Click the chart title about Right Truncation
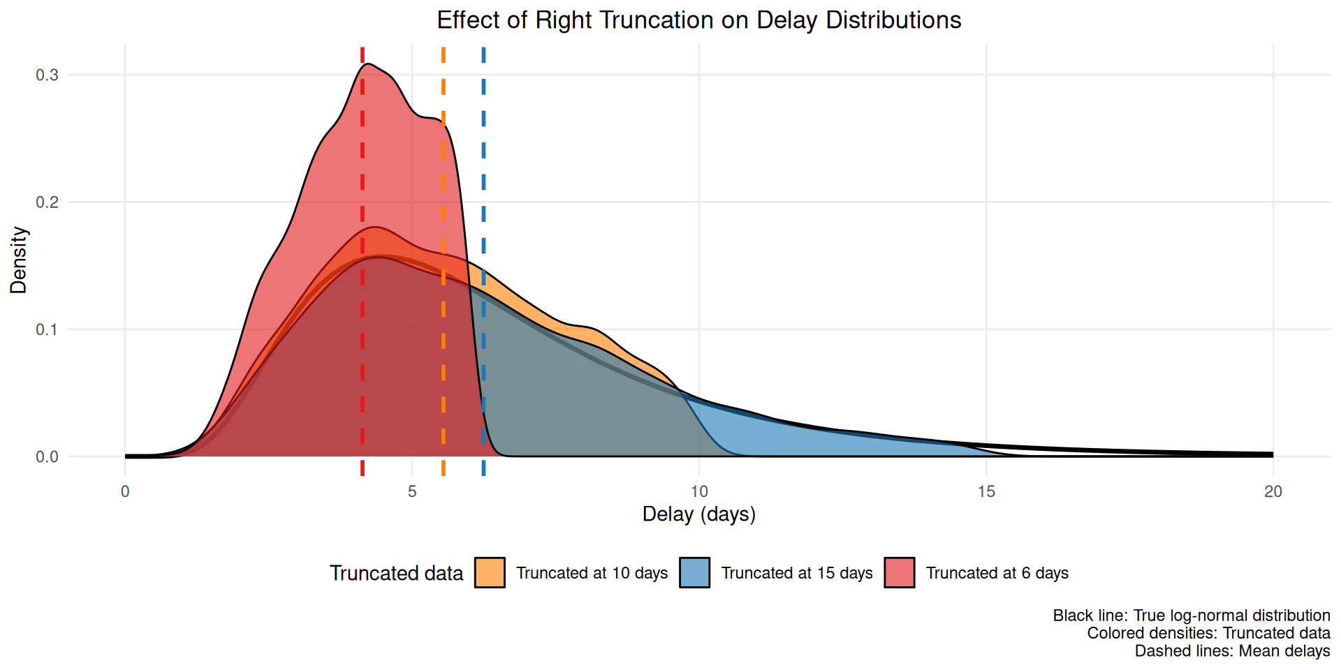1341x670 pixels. tap(698, 20)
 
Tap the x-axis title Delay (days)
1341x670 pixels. tap(698, 514)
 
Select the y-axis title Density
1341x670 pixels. tap(19, 260)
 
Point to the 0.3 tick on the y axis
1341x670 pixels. tap(47, 75)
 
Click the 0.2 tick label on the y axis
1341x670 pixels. tap(47, 202)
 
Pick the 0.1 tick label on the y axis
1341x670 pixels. tap(47, 329)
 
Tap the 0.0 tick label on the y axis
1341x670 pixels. tap(47, 457)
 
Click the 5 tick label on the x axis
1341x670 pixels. tap(412, 491)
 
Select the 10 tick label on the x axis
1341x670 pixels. tap(699, 491)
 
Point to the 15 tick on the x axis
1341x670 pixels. tap(986, 491)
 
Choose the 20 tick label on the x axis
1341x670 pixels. tap(1273, 491)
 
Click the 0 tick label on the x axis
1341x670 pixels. tap(125, 491)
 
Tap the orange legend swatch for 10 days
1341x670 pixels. tap(490, 573)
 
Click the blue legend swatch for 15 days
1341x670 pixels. tap(694, 573)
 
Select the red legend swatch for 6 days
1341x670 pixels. tap(900, 573)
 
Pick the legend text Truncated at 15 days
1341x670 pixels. tap(797, 573)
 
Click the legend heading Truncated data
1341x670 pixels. tap(396, 573)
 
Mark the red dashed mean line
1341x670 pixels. tap(362, 174)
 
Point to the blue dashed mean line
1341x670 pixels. tap(483, 174)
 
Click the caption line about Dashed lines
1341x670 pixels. tap(1232, 651)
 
